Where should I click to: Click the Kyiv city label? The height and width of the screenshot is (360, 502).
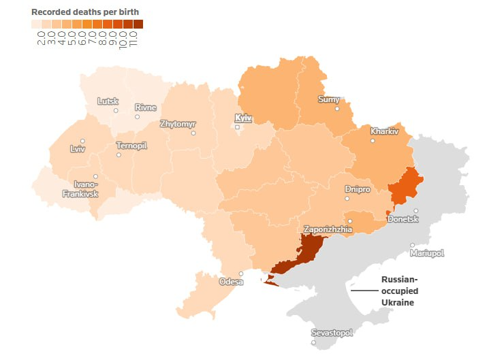pyautogui.click(x=242, y=118)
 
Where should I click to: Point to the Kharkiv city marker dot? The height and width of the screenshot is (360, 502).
pyautogui.click(x=373, y=141)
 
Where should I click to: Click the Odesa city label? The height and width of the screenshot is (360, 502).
pyautogui.click(x=230, y=282)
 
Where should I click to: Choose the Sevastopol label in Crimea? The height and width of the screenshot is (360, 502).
pyautogui.click(x=332, y=333)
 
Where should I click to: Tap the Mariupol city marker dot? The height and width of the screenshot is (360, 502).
pyautogui.click(x=412, y=245)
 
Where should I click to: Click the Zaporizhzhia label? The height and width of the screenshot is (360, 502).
pyautogui.click(x=328, y=230)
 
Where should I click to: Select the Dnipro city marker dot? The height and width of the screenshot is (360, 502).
pyautogui.click(x=347, y=199)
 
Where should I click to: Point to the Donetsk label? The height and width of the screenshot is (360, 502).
pyautogui.click(x=403, y=220)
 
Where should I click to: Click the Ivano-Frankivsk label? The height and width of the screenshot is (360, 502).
pyautogui.click(x=80, y=189)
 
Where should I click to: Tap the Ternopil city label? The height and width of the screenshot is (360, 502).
pyautogui.click(x=131, y=146)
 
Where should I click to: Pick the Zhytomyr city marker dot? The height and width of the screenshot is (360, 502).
pyautogui.click(x=193, y=133)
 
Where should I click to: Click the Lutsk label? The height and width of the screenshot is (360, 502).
pyautogui.click(x=108, y=101)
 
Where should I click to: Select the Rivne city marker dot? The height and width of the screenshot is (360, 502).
pyautogui.click(x=137, y=117)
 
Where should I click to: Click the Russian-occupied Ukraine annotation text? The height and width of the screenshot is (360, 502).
pyautogui.click(x=399, y=291)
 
